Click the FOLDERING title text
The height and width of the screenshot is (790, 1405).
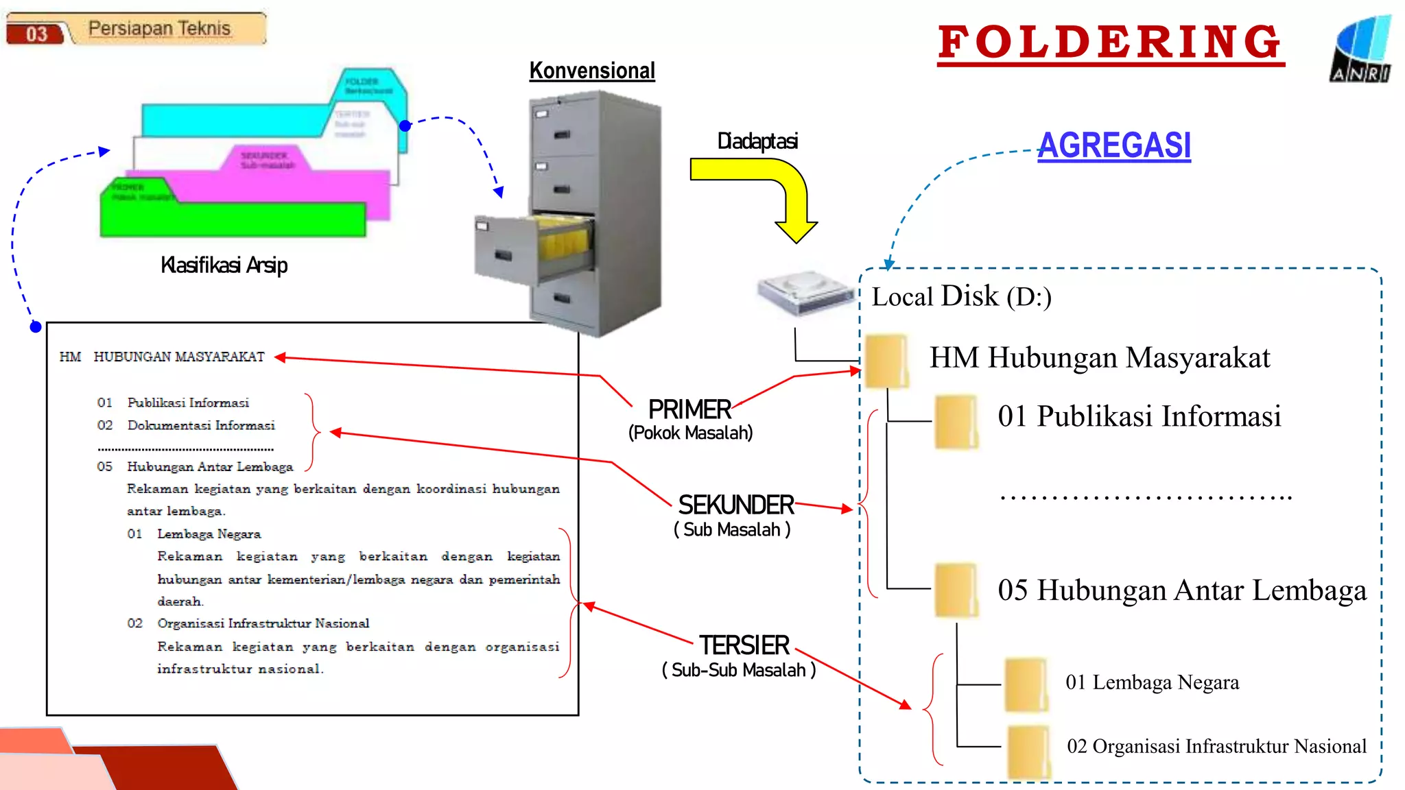pos(1110,43)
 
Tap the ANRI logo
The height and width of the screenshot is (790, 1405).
pos(1362,49)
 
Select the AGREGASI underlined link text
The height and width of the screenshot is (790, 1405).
pos(1113,145)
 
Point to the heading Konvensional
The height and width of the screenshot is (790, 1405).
pos(592,71)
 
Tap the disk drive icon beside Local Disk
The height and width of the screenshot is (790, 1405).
pos(804,291)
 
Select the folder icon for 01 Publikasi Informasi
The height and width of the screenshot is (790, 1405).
pos(956,421)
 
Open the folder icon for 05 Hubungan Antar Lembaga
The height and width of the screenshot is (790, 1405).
pos(956,590)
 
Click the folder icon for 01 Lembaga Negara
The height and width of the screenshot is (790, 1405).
pos(1026,684)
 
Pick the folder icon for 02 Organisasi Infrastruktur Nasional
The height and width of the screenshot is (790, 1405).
pos(1028,751)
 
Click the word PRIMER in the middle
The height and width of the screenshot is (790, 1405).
pos(689,409)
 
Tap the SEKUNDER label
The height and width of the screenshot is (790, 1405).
pos(735,505)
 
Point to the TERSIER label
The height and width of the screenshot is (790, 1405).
pos(744,645)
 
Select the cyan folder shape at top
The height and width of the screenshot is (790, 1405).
pos(233,119)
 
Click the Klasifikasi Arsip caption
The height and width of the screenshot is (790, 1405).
pos(224,265)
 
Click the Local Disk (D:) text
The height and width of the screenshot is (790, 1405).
pos(961,297)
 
